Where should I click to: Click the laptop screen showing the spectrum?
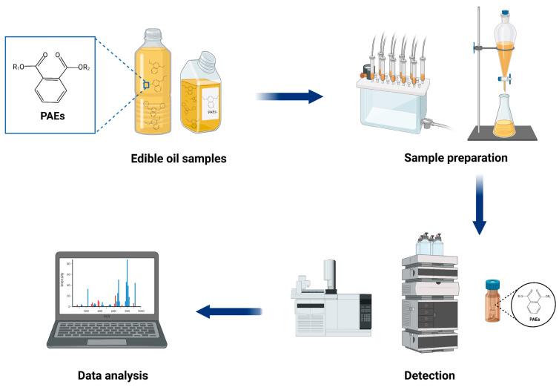[x=107, y=283]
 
